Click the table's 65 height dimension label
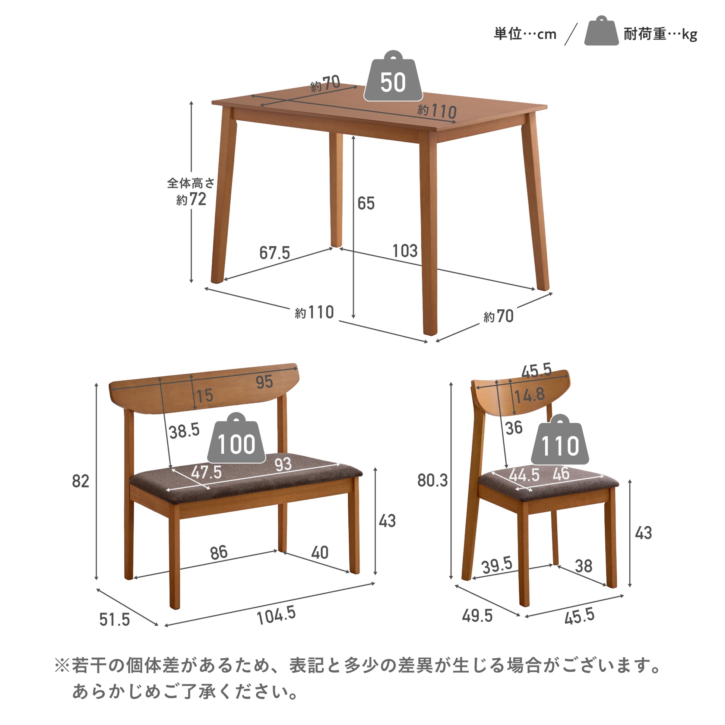366,203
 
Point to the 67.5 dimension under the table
275,253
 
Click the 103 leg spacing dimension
405,251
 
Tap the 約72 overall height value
191,199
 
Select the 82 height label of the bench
81,481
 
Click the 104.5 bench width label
276,616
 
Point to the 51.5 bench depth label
114,620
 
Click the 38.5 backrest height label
184,431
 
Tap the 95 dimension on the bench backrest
264,382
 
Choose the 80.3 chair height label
433,480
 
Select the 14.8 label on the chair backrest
529,395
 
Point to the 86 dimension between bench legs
219,553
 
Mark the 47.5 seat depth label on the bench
206,472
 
